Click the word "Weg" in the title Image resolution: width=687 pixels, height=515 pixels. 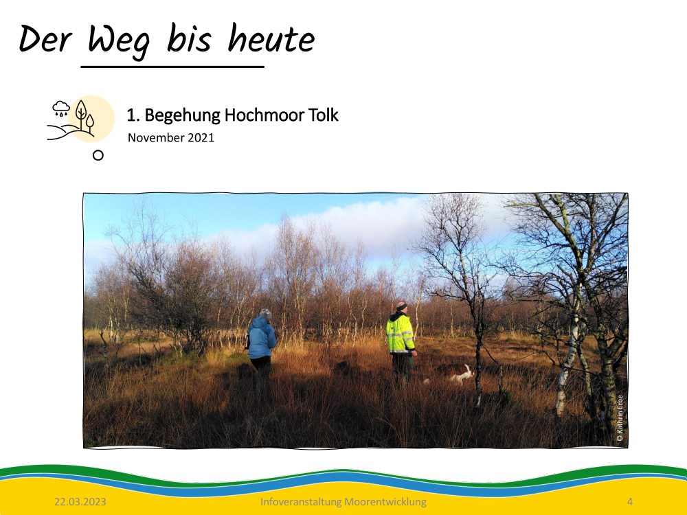[119, 41]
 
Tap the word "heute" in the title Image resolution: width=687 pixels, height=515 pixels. [271, 38]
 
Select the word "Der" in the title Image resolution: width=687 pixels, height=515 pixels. [45, 39]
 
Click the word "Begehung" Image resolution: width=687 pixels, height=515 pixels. [182, 115]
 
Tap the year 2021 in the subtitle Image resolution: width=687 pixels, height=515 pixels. [201, 137]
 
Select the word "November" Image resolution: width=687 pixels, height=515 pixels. [156, 137]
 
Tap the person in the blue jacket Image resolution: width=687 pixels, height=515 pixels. [262, 343]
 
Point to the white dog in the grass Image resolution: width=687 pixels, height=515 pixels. [462, 375]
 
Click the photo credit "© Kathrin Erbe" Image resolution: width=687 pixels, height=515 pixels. [620, 417]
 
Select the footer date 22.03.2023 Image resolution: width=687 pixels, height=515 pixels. [80, 502]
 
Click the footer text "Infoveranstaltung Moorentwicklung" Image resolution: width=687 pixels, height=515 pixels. [343, 502]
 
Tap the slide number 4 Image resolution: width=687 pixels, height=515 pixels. [629, 502]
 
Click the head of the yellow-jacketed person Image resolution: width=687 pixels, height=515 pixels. [401, 308]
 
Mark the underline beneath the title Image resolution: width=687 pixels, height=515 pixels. [172, 67]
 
